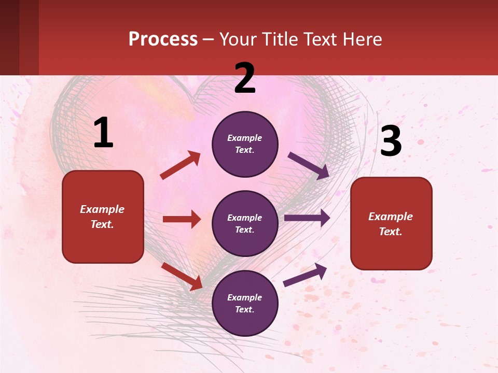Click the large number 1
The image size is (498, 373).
coord(103,133)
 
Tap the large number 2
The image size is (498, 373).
coord(245,78)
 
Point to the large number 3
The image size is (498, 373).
coord(391,141)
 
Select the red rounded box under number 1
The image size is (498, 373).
coord(103,217)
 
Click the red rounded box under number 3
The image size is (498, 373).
coord(391,224)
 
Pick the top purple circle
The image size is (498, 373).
coord(245,144)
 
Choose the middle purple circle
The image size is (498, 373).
coord(245,224)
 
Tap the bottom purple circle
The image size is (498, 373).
coord(245,303)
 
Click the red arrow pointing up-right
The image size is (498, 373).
coord(181,165)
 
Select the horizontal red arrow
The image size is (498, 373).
coord(182,219)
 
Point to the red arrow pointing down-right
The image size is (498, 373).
coord(182,276)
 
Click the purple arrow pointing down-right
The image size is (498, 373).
coord(309,166)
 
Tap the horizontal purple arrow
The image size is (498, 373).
coord(307,218)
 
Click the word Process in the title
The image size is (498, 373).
coord(163,39)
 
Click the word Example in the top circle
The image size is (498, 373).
coord(245,138)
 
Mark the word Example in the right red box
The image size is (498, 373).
coord(391,217)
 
